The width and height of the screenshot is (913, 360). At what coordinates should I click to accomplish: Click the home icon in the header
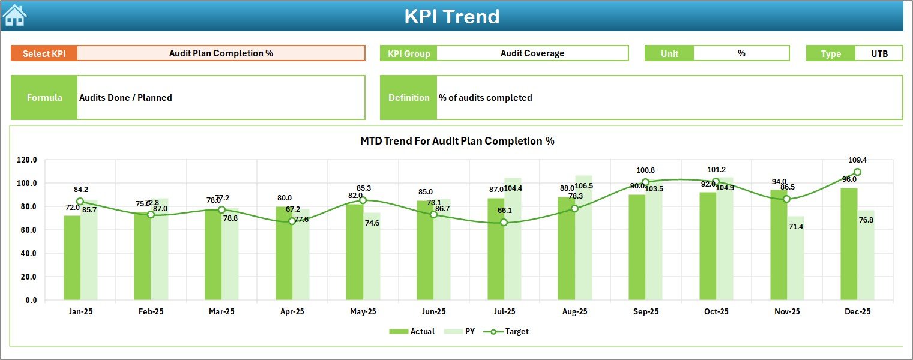tap(14, 15)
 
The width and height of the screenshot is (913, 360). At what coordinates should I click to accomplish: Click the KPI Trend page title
tap(451, 16)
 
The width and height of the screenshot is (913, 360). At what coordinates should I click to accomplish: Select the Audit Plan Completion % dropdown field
tap(221, 53)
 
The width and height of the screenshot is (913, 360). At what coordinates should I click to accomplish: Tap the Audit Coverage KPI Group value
tap(532, 53)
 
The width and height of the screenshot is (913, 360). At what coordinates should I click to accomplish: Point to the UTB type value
tap(879, 53)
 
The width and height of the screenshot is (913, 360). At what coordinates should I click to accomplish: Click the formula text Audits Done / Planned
tap(125, 98)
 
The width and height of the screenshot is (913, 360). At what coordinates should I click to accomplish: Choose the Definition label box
tap(409, 98)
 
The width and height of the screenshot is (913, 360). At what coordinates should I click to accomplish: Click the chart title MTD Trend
tap(457, 141)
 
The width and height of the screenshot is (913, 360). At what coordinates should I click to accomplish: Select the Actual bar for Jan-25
tap(72, 257)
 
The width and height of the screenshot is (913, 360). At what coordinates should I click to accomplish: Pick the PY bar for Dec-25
tap(866, 255)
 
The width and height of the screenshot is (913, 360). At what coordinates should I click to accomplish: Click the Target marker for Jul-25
tap(504, 223)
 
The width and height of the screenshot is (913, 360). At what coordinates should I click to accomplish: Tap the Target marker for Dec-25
tap(857, 172)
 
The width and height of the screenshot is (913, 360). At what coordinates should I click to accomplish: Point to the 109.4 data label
tap(857, 160)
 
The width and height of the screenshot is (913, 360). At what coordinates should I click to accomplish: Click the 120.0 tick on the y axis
tap(27, 160)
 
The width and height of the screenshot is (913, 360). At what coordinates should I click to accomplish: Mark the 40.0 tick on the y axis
tap(27, 254)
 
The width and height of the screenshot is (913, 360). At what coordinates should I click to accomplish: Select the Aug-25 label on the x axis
tap(575, 312)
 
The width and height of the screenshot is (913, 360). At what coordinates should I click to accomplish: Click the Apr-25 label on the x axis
tap(292, 312)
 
